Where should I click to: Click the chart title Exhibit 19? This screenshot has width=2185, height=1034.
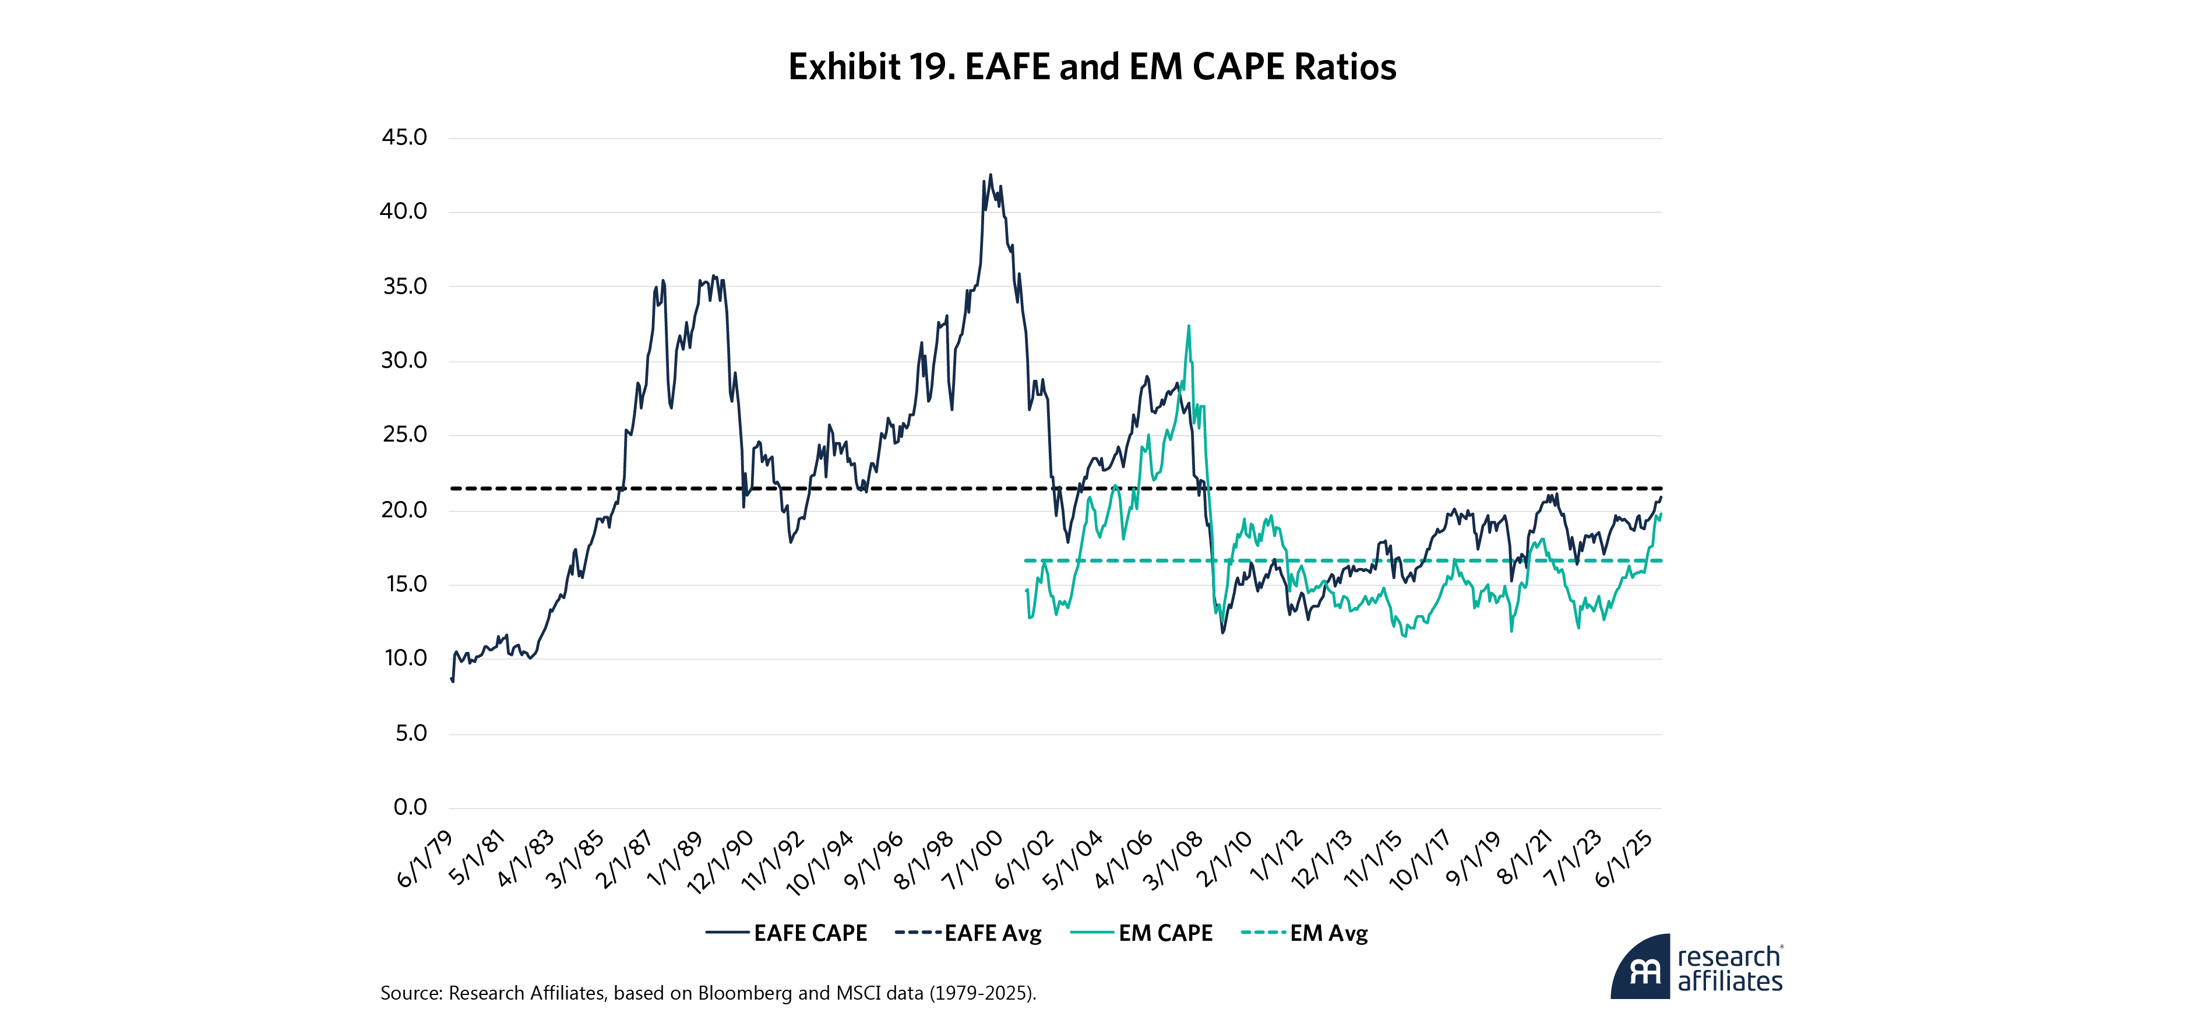pos(1092,67)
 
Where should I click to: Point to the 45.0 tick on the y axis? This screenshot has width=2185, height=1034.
pos(404,137)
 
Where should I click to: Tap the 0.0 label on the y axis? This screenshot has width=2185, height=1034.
pos(410,807)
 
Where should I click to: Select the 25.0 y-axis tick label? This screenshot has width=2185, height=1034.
pos(404,435)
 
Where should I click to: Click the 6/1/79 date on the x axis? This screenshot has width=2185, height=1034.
pos(426,860)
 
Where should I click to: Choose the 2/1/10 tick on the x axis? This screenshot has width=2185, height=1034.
pos(1224,860)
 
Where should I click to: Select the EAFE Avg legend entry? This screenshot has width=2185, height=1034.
pos(968,933)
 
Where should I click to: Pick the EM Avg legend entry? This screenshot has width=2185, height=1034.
pos(1305,933)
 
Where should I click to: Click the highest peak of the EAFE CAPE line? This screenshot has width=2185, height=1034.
pos(990,175)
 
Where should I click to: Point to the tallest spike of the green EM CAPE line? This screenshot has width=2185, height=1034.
pos(1188,326)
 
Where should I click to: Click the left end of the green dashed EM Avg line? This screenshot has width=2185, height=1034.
pos(1026,560)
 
